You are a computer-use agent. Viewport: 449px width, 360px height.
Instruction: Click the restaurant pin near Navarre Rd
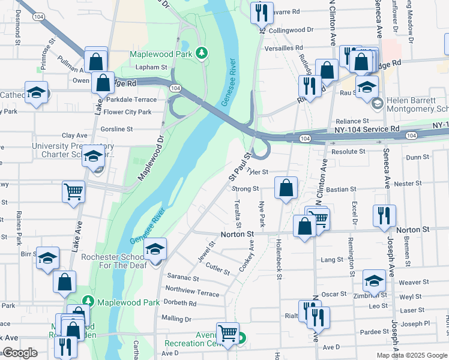[x=261, y=13]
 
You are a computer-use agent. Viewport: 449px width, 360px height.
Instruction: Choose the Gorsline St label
[x=117, y=129]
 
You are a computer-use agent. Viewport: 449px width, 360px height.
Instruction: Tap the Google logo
[x=20, y=353]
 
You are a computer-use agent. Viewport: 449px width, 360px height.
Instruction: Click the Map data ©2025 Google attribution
[x=411, y=355]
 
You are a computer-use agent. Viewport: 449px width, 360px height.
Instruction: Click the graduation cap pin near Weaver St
[x=374, y=281]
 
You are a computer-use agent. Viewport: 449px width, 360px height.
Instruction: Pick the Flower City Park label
[x=127, y=112]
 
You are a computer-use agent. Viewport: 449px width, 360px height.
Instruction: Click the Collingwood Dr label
[x=291, y=29]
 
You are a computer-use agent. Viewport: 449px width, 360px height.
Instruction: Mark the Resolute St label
[x=349, y=152]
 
